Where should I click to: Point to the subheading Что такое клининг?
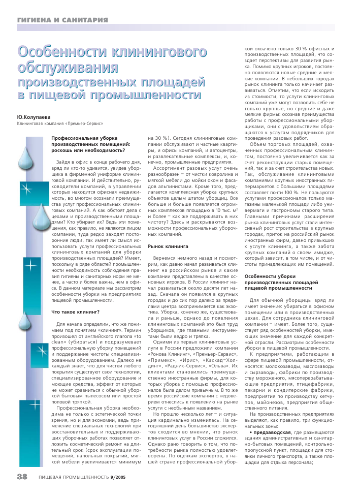pyautogui.click(x=75, y=312)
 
